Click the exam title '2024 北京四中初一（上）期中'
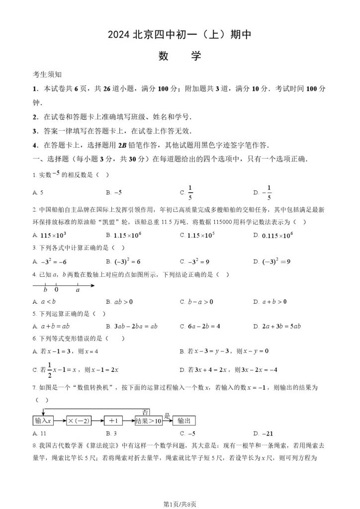pos(180,34)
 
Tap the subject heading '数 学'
pos(180,56)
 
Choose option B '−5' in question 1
pos(118,192)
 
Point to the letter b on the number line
pos(45,290)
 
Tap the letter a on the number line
pos(78,290)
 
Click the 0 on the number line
pos(56,290)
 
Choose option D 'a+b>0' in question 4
pos(274,301)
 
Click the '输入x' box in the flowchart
pos(44,421)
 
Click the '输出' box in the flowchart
pos(184,421)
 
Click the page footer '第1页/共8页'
pos(180,504)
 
